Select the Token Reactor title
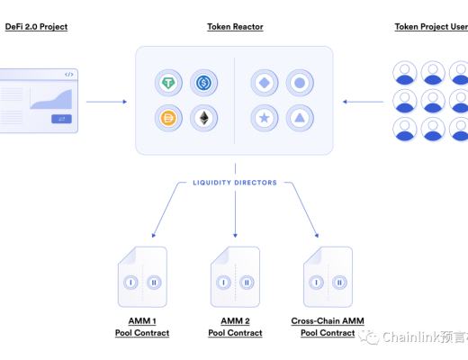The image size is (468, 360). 234,27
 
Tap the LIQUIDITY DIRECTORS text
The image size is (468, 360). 234,182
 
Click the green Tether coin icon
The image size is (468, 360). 168,84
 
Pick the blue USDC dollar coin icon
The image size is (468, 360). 202,84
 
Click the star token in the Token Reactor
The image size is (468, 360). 265,117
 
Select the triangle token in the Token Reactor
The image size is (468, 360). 300,117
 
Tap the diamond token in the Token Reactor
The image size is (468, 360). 265,84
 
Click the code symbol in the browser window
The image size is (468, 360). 70,74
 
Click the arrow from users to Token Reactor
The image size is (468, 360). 364,101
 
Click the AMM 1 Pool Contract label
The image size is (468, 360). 141,327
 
